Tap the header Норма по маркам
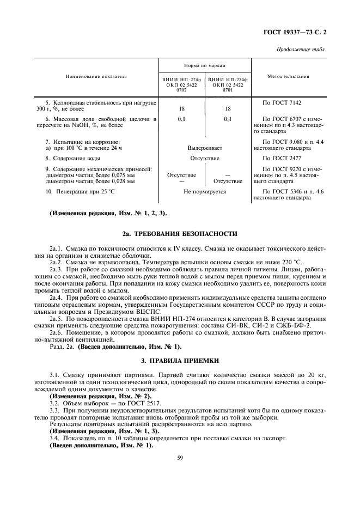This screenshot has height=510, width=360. (204, 64)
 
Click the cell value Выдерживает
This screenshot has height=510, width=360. (204, 148)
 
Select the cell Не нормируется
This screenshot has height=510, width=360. (204, 192)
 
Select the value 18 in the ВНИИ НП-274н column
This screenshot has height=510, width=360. (181, 108)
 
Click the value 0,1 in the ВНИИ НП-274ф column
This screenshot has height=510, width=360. (228, 118)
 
